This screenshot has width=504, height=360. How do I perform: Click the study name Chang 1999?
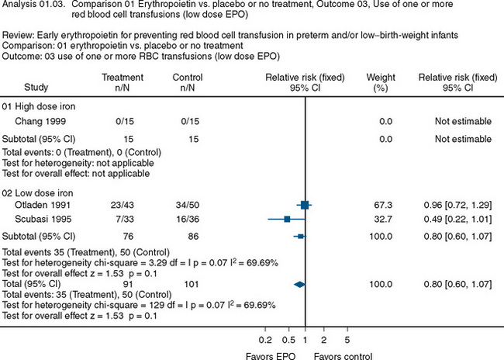tap(36, 121)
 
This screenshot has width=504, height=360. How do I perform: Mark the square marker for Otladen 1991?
tap(305, 205)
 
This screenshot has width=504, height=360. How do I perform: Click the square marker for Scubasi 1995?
tap(288, 220)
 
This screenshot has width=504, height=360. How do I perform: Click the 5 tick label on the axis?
tap(346, 339)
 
